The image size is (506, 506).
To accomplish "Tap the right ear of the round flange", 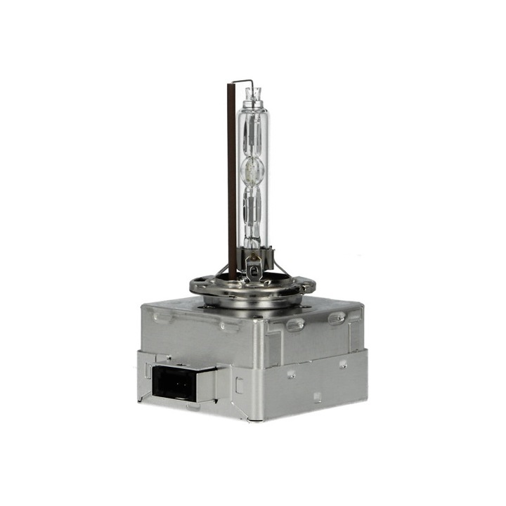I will click(x=308, y=285).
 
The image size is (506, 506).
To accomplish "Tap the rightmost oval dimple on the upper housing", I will click(x=337, y=318).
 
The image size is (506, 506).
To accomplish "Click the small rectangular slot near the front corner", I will click(x=240, y=384).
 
